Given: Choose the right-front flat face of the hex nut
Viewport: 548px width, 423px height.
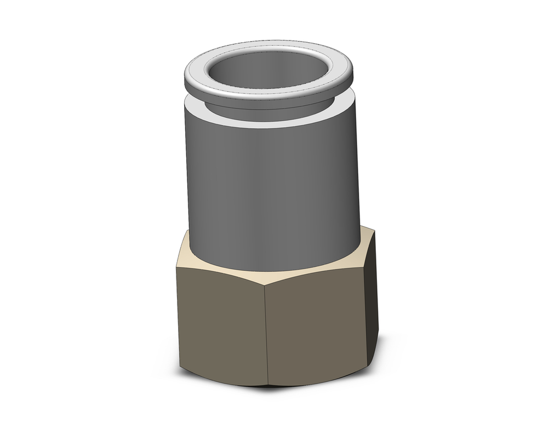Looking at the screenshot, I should pyautogui.click(x=318, y=323).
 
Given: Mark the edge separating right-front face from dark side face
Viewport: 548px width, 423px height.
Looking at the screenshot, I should pyautogui.click(x=366, y=307).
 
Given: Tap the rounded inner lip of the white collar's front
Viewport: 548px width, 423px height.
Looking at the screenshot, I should pyautogui.click(x=269, y=93).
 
